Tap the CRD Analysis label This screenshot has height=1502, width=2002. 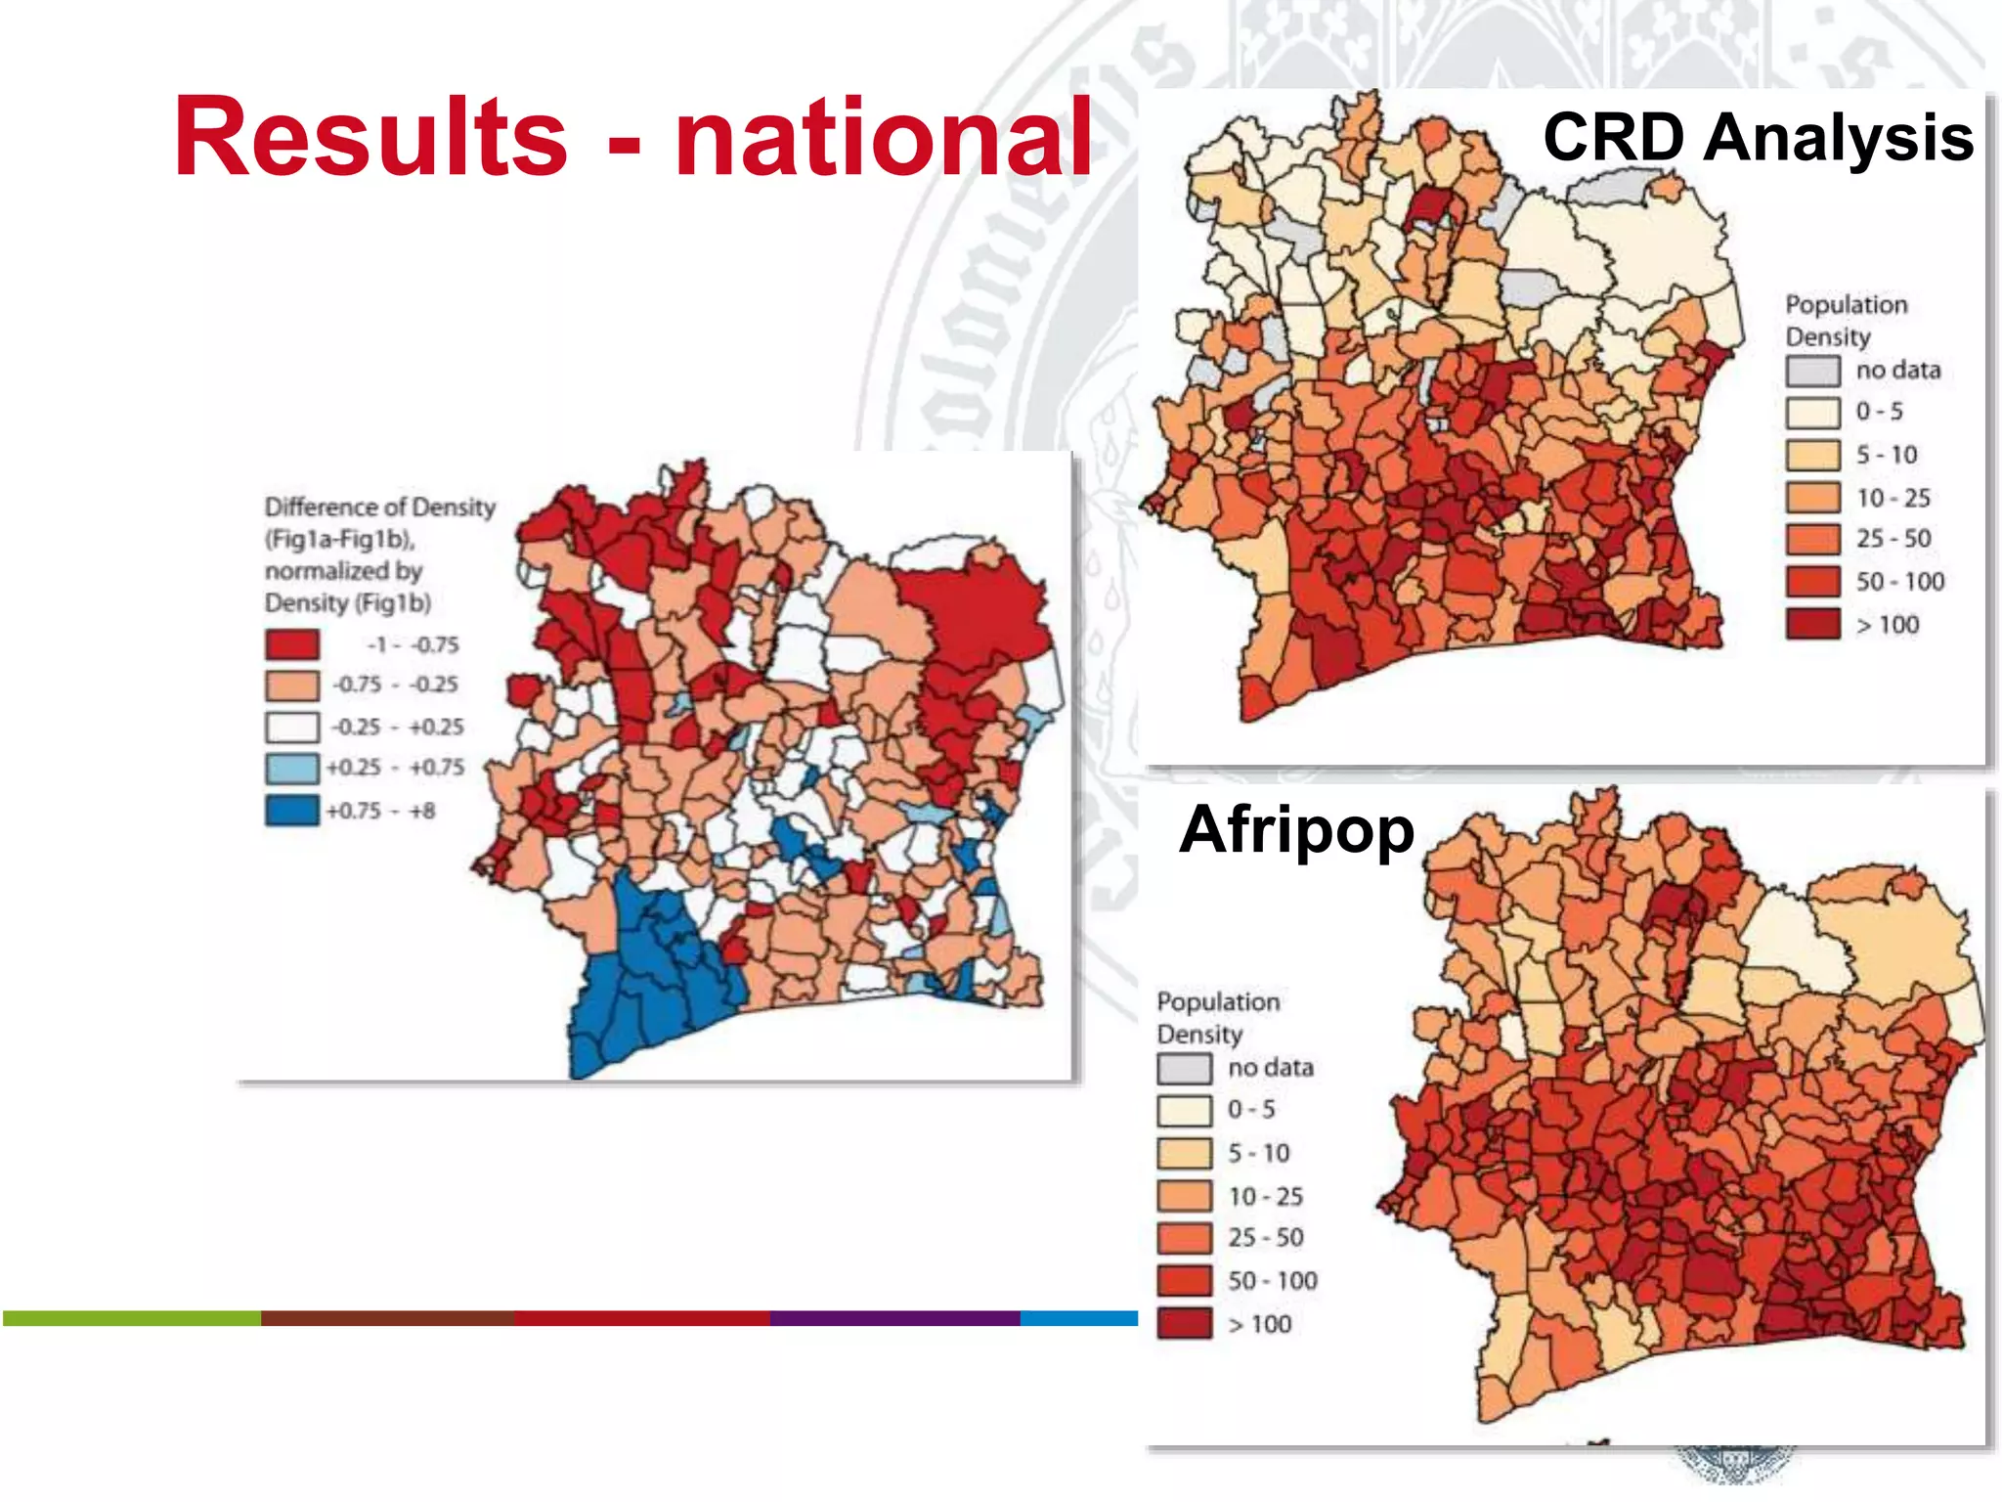click(1757, 137)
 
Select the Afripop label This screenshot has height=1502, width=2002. click(1296, 829)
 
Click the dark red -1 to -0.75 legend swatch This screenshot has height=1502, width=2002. click(291, 644)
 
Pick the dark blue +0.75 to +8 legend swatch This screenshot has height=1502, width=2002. click(291, 811)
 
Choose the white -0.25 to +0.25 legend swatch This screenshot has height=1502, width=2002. click(291, 727)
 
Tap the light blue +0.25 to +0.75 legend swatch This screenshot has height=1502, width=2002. click(291, 768)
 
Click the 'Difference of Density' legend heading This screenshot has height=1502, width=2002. click(379, 507)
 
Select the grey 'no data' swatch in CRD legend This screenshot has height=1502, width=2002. click(1812, 371)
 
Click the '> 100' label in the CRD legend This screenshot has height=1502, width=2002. click(1887, 625)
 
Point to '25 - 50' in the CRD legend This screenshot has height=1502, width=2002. click(1893, 539)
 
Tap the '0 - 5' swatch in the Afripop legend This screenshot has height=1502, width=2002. click(1184, 1110)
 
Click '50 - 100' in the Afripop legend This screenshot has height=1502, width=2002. click(1272, 1281)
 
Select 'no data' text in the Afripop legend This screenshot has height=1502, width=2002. click(1270, 1068)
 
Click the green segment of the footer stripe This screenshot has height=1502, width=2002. click(132, 1318)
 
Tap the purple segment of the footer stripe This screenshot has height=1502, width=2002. click(894, 1318)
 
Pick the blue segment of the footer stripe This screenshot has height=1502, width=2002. click(1078, 1318)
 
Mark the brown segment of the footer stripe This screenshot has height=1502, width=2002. click(387, 1318)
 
